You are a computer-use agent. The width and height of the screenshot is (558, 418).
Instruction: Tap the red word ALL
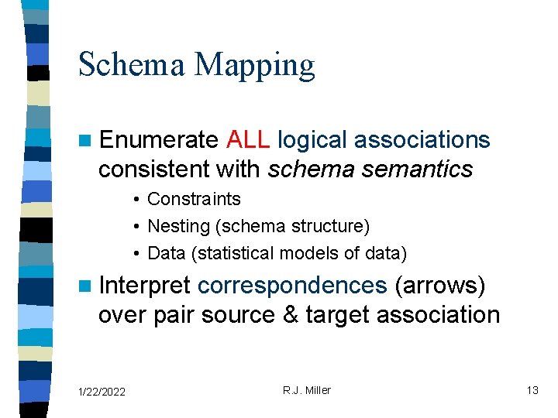(x=248, y=139)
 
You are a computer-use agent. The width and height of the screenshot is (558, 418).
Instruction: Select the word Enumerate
(x=159, y=139)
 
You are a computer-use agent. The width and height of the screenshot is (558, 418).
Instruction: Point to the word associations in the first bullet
(x=422, y=139)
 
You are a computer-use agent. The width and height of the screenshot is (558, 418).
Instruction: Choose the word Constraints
(x=194, y=199)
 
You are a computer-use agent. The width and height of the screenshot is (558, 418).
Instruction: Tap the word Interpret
(x=145, y=286)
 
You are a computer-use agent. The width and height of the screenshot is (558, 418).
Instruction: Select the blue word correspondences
(x=292, y=286)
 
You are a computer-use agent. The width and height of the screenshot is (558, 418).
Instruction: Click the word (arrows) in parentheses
(x=440, y=286)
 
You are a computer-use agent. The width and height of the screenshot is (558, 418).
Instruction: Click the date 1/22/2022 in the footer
(x=102, y=392)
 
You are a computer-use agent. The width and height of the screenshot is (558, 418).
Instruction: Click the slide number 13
(x=532, y=390)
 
